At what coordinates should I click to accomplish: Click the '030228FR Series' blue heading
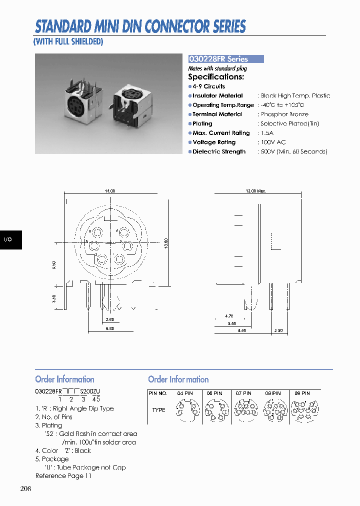[218, 59]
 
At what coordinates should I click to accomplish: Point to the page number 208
[26, 488]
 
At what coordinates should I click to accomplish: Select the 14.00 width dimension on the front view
[110, 191]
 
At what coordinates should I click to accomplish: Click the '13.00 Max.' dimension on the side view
[256, 191]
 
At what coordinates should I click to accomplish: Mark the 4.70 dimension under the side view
[229, 316]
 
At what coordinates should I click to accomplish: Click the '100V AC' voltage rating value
[273, 142]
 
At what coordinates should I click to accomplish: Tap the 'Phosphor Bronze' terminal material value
[284, 114]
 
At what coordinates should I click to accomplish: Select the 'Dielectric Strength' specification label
[219, 152]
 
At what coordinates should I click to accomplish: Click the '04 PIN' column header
[185, 393]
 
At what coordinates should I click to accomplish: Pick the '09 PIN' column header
[302, 393]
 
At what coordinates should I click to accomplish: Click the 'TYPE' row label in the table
[158, 410]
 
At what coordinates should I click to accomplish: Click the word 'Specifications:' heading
[216, 77]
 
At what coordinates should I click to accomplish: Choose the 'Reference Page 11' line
[63, 476]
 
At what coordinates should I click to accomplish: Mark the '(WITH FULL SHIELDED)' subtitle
[68, 42]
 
